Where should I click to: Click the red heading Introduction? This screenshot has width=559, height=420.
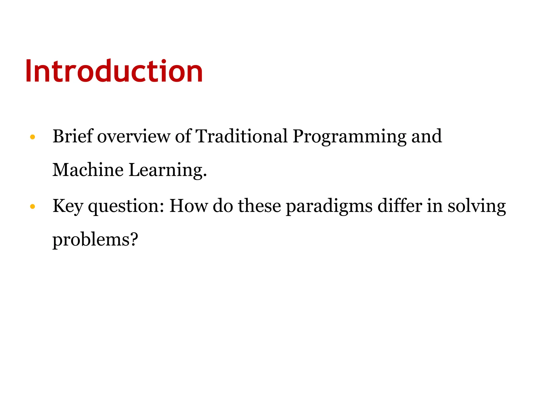(114, 71)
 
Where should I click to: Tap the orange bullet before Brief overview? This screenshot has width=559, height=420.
(32, 137)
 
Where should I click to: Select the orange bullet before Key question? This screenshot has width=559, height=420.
(32, 206)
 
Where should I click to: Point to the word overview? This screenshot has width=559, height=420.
(133, 136)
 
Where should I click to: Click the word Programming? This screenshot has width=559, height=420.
(349, 136)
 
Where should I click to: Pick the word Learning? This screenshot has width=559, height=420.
(167, 170)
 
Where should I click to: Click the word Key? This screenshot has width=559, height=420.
(68, 206)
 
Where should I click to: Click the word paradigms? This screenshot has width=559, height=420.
(329, 206)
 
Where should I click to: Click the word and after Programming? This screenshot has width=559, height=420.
(426, 136)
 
